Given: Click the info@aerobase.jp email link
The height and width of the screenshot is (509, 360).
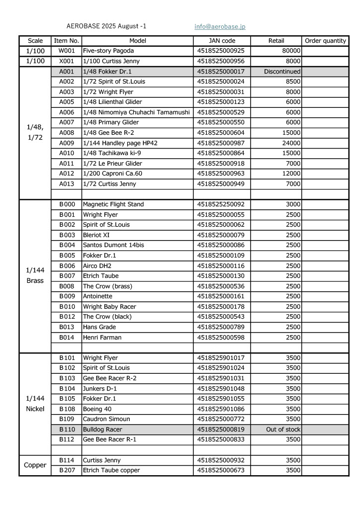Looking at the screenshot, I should pyautogui.click(x=220, y=26).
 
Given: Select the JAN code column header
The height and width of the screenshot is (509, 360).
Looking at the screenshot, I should pyautogui.click(x=222, y=41).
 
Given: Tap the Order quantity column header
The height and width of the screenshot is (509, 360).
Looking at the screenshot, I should pyautogui.click(x=325, y=41).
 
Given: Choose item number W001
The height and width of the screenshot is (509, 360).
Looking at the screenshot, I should pyautogui.click(x=66, y=51).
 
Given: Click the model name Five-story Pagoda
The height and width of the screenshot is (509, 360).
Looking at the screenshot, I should pyautogui.click(x=108, y=51).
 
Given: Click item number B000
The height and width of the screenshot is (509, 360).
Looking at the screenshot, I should pyautogui.click(x=67, y=204).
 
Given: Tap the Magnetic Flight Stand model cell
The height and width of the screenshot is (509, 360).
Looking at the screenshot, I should pyautogui.click(x=113, y=204).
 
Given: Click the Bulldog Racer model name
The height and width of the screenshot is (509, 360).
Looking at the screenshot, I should pyautogui.click(x=102, y=429).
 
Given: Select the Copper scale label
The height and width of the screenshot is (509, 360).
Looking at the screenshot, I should pyautogui.click(x=35, y=465).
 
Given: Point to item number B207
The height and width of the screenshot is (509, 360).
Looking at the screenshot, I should pyautogui.click(x=67, y=470).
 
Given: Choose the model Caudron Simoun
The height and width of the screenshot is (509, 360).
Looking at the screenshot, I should pyautogui.click(x=107, y=419).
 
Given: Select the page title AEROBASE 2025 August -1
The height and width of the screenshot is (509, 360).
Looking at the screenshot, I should pyautogui.click(x=106, y=26).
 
